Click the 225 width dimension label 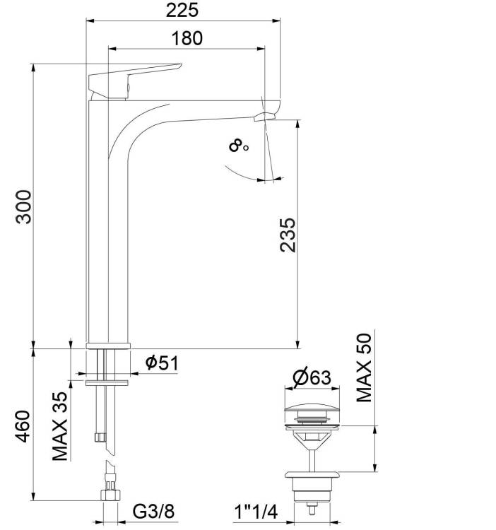(x=182, y=10)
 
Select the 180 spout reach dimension (x=187, y=38)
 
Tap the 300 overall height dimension (x=23, y=207)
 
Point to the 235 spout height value (x=288, y=235)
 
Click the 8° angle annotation (x=238, y=146)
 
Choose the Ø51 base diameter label (x=162, y=363)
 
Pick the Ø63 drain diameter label (x=312, y=378)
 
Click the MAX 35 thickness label (x=60, y=426)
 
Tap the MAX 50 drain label (x=364, y=367)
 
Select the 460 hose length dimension (x=23, y=426)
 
